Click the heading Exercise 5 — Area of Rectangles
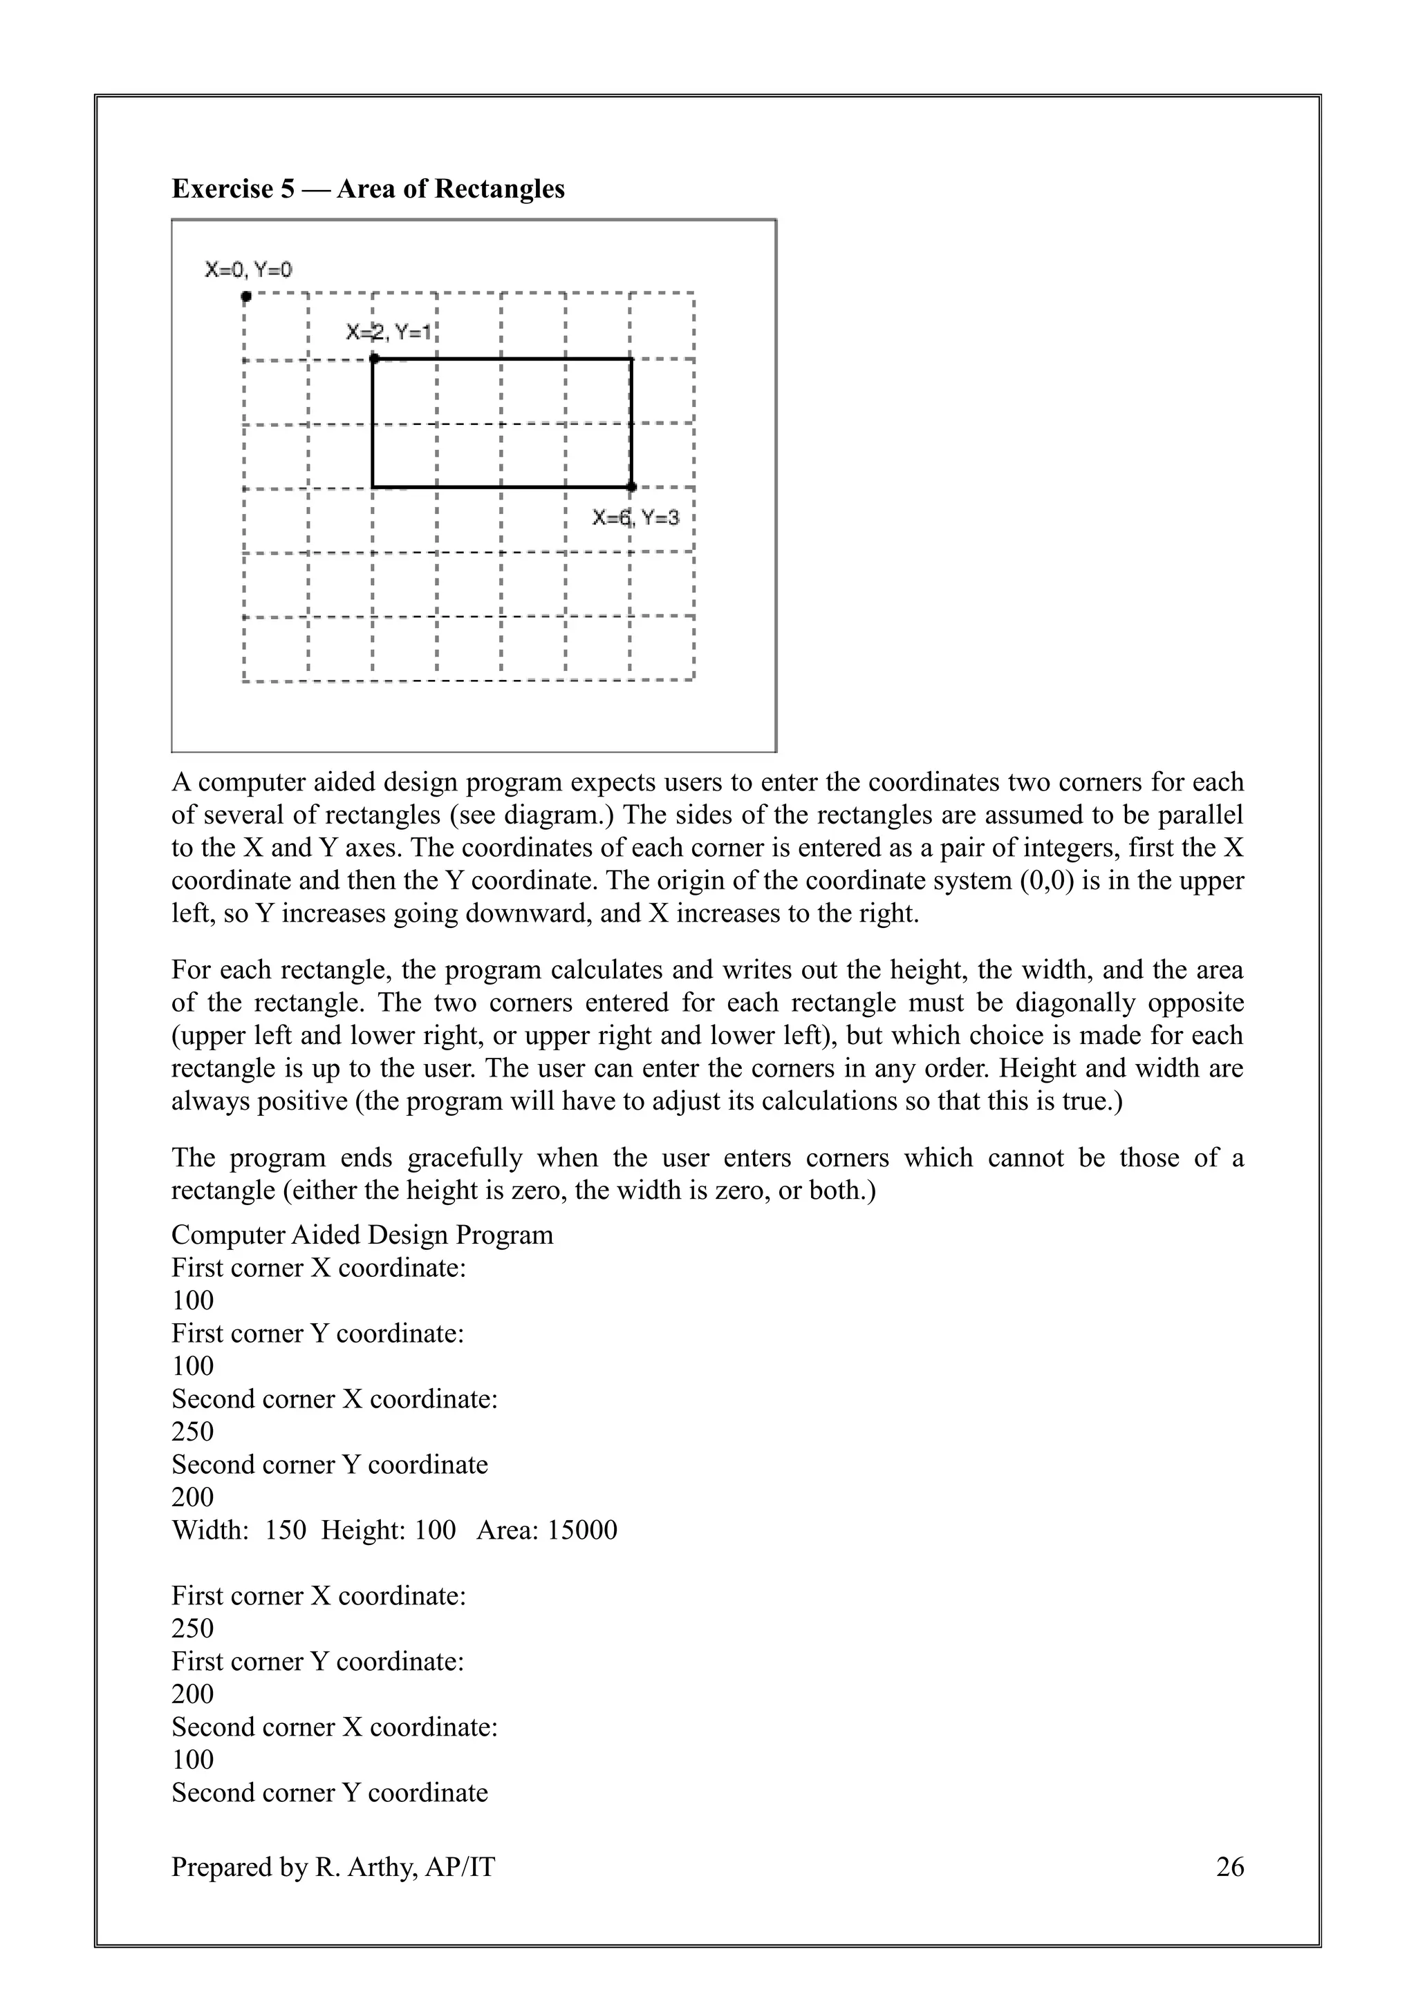(x=368, y=189)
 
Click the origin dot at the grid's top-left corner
(x=247, y=296)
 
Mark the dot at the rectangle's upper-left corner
(x=374, y=358)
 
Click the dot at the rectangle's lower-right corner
(x=631, y=486)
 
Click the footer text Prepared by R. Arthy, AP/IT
(x=333, y=1867)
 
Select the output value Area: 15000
(x=547, y=1530)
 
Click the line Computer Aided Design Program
(x=362, y=1234)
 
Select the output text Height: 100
(x=388, y=1530)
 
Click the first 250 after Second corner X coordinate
(x=193, y=1431)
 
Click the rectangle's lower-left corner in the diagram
(x=373, y=486)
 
